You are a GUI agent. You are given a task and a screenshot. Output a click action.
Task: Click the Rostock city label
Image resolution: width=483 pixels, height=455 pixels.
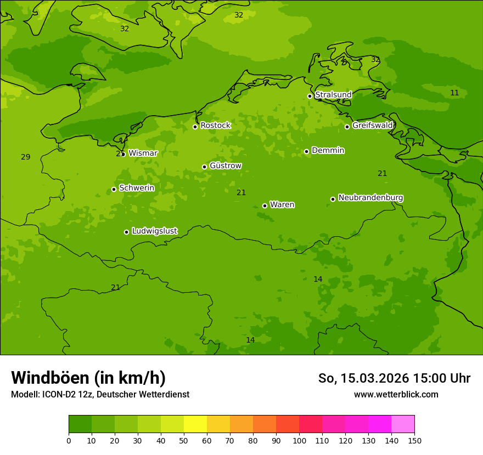click(215, 126)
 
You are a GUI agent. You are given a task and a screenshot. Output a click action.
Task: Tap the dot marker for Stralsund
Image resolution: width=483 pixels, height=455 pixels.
click(310, 96)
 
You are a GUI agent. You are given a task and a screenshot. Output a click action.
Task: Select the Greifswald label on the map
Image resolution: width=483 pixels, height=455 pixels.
click(372, 126)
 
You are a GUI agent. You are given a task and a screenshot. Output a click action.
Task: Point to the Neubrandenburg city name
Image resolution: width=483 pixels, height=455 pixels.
click(370, 198)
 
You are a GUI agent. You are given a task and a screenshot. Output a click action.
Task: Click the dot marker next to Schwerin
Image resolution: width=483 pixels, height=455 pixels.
click(114, 189)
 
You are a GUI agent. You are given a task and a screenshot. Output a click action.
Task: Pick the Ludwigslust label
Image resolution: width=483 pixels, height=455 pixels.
click(154, 231)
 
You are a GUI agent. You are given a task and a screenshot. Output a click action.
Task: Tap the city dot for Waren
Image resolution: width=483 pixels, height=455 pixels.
click(265, 206)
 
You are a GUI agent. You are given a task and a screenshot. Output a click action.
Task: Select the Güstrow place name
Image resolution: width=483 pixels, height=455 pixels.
click(226, 166)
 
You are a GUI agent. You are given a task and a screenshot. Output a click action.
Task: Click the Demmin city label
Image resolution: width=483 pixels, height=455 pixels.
click(328, 150)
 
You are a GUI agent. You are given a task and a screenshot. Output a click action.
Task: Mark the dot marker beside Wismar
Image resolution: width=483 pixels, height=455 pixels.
click(123, 154)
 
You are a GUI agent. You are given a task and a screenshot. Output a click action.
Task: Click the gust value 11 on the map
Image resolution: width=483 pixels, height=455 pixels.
click(454, 93)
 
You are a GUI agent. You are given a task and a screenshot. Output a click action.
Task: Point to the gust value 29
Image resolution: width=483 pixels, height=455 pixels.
click(26, 157)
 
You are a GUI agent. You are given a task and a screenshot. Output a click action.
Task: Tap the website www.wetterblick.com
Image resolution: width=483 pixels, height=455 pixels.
click(396, 394)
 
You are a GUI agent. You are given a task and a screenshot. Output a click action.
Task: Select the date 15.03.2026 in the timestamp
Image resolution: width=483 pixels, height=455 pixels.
click(374, 378)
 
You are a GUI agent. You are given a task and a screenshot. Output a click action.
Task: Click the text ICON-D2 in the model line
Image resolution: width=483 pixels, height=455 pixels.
click(61, 395)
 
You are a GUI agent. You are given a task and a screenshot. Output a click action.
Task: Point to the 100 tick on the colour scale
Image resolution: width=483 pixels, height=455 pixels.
click(299, 440)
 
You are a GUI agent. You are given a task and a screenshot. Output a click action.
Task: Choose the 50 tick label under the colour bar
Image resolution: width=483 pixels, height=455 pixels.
click(184, 440)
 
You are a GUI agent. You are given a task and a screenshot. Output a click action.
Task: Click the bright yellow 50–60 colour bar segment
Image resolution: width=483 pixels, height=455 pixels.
click(195, 424)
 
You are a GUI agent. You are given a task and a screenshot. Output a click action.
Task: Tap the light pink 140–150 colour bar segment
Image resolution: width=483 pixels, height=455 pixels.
click(403, 424)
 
